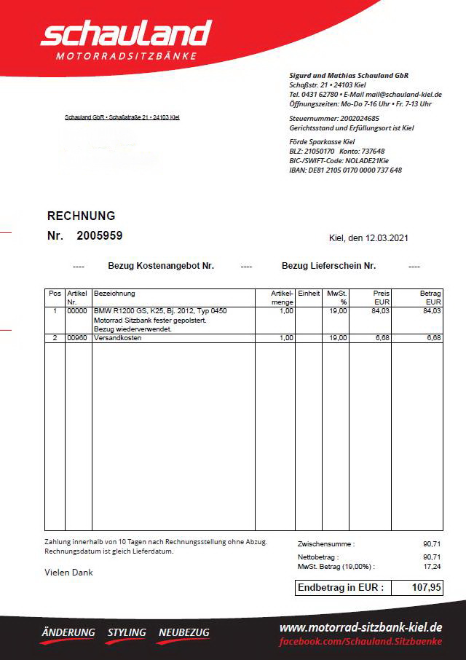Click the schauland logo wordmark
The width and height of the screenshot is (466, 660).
[125, 34]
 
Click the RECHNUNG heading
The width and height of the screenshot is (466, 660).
[81, 216]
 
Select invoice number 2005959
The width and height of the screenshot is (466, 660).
[99, 235]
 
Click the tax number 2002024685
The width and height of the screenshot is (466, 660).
[355, 118]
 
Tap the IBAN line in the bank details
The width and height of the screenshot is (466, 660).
[345, 170]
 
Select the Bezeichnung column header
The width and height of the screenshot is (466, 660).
[115, 294]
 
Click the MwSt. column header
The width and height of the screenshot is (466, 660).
[336, 294]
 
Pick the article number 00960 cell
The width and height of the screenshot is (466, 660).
[77, 338]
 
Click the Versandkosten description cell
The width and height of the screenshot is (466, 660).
[118, 338]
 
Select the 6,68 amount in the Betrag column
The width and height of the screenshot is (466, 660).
[433, 338]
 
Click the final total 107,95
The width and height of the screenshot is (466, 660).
[426, 588]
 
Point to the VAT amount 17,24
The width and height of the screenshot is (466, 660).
[432, 566]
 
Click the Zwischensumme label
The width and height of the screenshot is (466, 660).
[326, 543]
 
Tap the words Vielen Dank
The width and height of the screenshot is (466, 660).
[68, 573]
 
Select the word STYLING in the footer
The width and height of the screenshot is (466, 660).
[127, 632]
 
